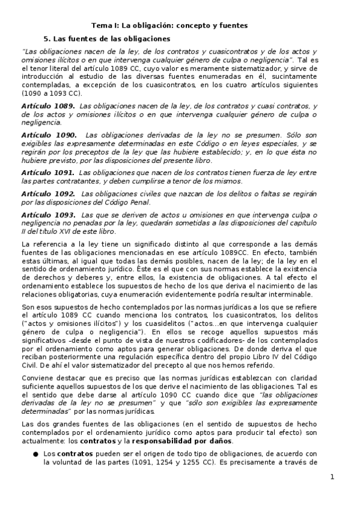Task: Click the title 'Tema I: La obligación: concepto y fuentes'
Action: coord(169,25)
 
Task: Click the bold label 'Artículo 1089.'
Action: coord(48,106)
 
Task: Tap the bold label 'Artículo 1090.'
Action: coord(48,135)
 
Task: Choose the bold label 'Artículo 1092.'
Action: coord(48,194)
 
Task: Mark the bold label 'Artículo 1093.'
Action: coord(48,215)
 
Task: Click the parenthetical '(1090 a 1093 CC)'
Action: coord(50,94)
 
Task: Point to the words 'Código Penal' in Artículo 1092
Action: coord(129,202)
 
